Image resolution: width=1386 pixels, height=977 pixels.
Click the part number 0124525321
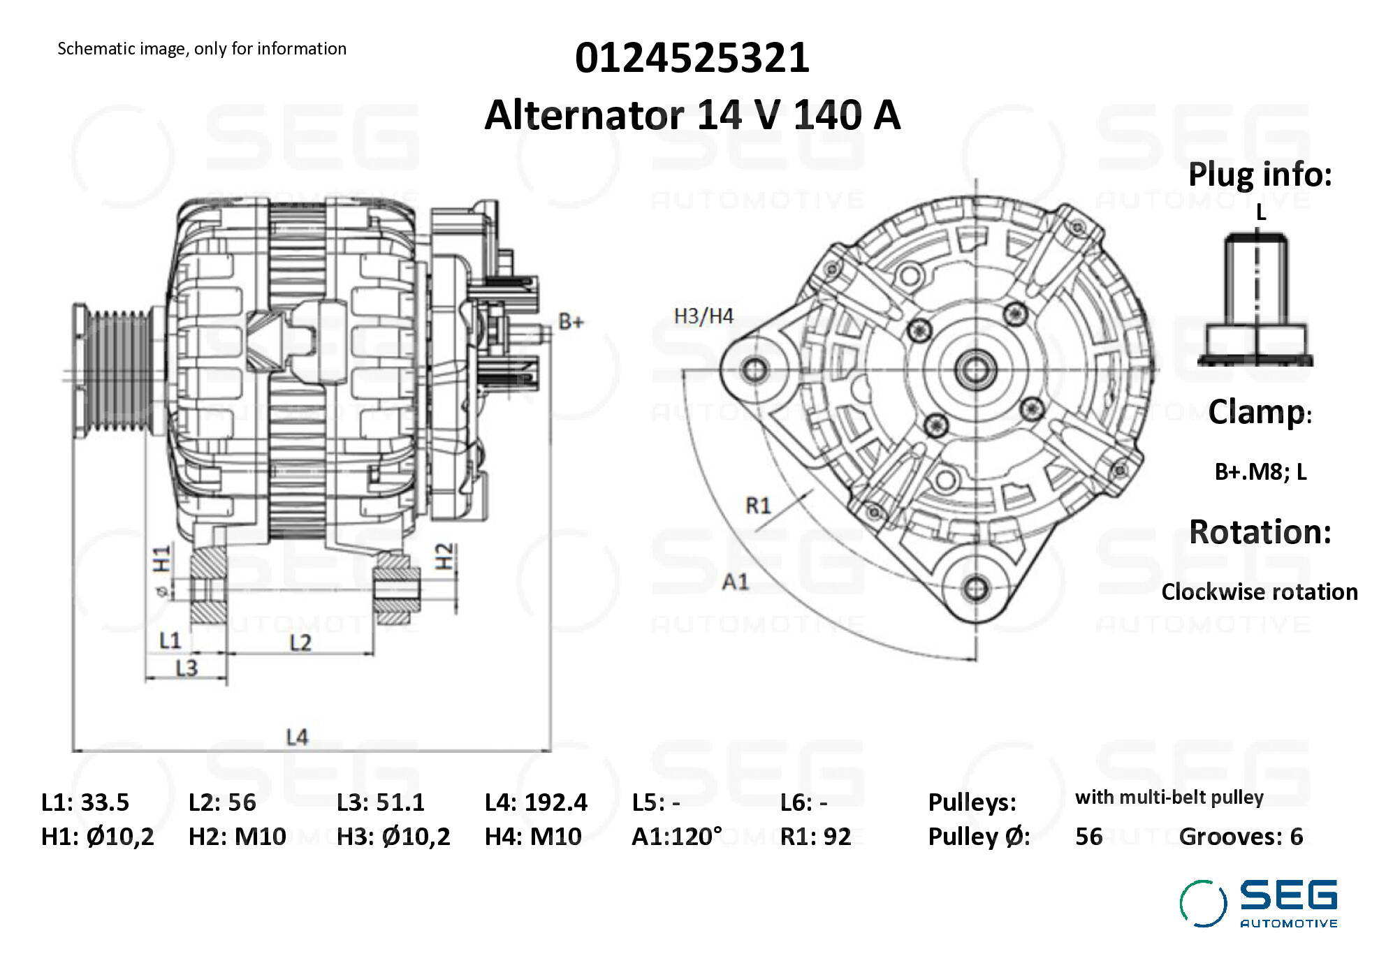click(692, 58)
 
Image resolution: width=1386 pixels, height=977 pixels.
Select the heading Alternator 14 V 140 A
click(692, 115)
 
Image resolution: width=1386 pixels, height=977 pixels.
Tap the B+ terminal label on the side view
click(571, 322)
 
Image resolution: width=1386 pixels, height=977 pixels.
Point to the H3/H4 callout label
click(703, 316)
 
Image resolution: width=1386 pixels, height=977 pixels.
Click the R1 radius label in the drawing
click(758, 505)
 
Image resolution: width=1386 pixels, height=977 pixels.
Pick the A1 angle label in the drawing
click(735, 581)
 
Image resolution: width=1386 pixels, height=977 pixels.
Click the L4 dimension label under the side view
click(297, 737)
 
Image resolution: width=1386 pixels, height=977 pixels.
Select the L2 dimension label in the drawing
click(300, 642)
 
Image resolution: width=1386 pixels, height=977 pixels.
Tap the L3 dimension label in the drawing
click(187, 668)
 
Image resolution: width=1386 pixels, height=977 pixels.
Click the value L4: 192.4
click(536, 802)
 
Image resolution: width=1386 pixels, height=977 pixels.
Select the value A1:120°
click(676, 836)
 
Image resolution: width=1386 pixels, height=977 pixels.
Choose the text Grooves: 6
click(1241, 836)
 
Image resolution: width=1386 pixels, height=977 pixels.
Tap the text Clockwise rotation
click(1259, 592)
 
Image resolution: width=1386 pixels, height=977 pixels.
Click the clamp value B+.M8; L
click(1260, 472)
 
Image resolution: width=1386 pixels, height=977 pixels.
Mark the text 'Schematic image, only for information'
click(202, 49)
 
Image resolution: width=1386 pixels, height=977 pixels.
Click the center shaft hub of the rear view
click(975, 369)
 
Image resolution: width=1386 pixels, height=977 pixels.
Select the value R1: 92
click(815, 836)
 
